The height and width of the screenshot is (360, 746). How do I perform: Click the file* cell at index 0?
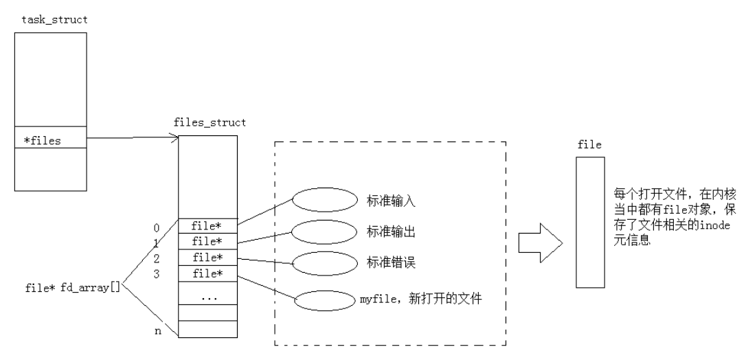[207, 225]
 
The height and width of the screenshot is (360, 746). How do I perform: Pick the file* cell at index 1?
[207, 241]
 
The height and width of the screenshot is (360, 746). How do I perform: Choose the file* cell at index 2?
[207, 258]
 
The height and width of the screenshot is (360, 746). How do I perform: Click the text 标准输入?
[377, 201]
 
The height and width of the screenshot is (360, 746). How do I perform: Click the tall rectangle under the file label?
[590, 221]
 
